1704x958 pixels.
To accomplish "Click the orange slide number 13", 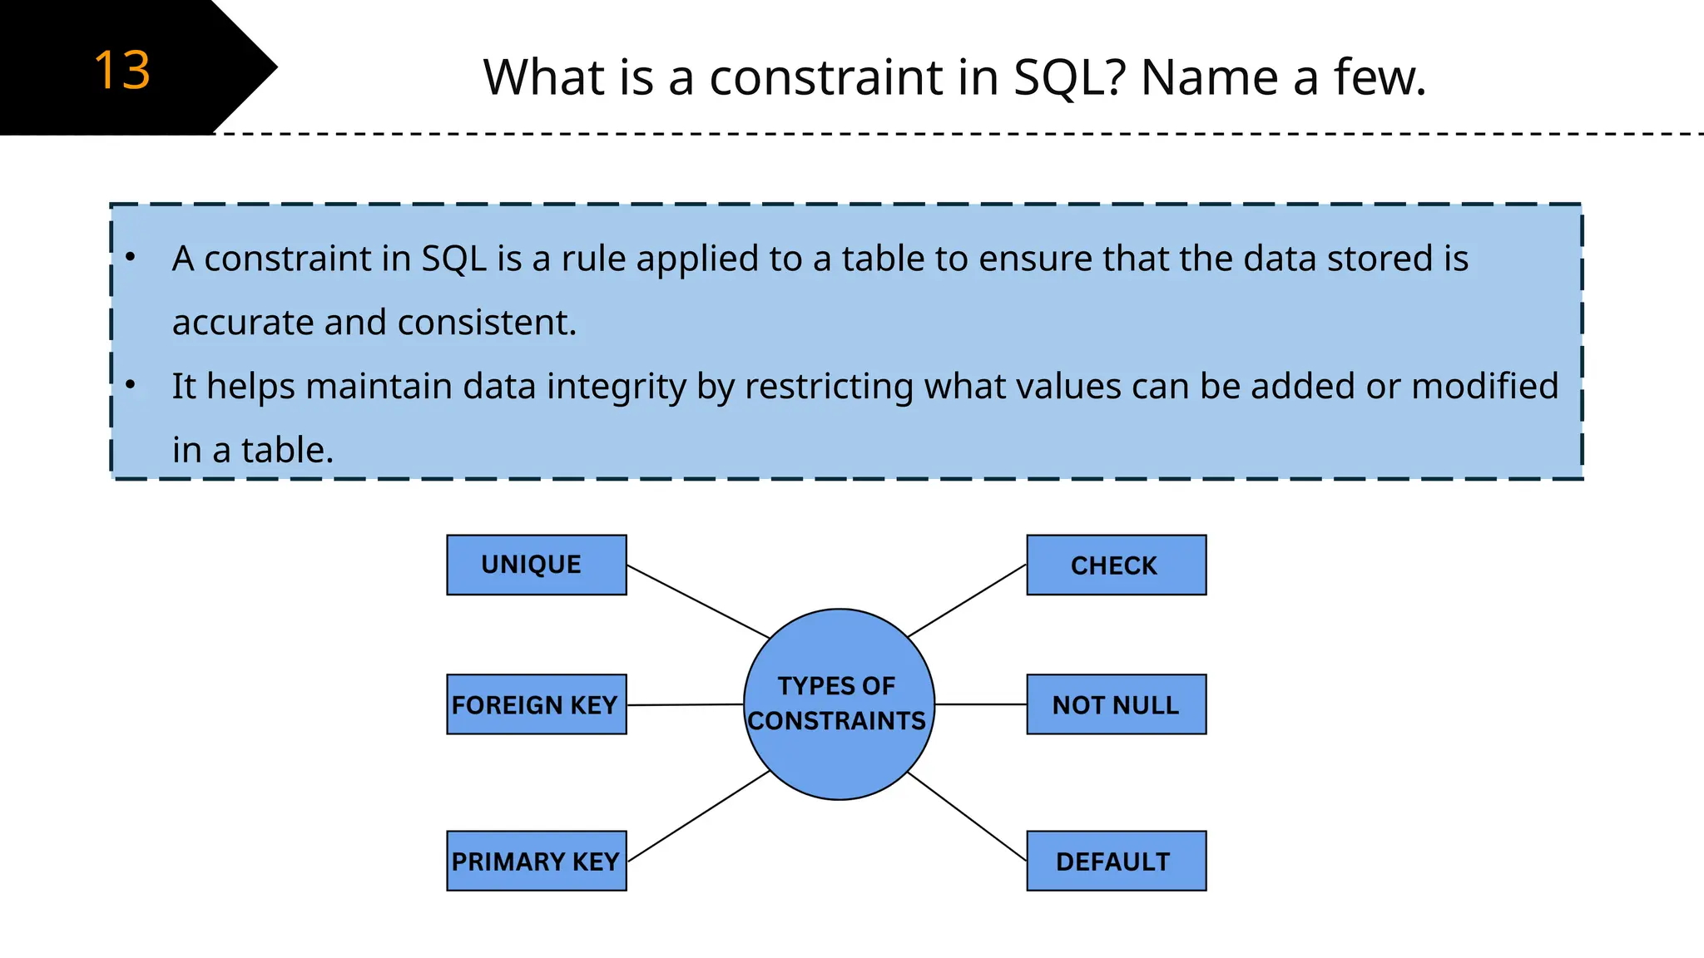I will pos(121,70).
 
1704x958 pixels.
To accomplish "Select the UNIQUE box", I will pos(536,565).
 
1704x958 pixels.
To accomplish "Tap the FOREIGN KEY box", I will pos(536,704).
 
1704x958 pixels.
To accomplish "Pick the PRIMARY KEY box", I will pos(536,861).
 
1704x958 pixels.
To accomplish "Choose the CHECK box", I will pos(1116,565).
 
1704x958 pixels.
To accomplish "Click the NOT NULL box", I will pos(1116,704).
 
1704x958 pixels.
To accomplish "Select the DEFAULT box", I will pos(1116,861).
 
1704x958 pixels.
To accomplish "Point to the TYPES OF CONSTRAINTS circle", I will pos(839,704).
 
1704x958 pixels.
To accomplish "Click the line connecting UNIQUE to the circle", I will pos(697,601).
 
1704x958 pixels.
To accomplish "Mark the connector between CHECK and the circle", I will pos(967,600).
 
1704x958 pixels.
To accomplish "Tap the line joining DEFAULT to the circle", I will pos(967,817).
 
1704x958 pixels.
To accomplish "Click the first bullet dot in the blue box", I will pos(131,257).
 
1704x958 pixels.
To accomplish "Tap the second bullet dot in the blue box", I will pos(131,385).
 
